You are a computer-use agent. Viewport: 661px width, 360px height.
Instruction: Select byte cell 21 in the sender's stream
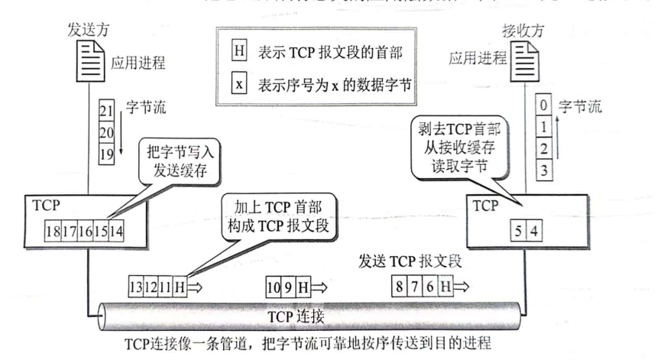[107, 113]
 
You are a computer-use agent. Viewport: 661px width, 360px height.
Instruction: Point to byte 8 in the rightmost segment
[398, 288]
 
